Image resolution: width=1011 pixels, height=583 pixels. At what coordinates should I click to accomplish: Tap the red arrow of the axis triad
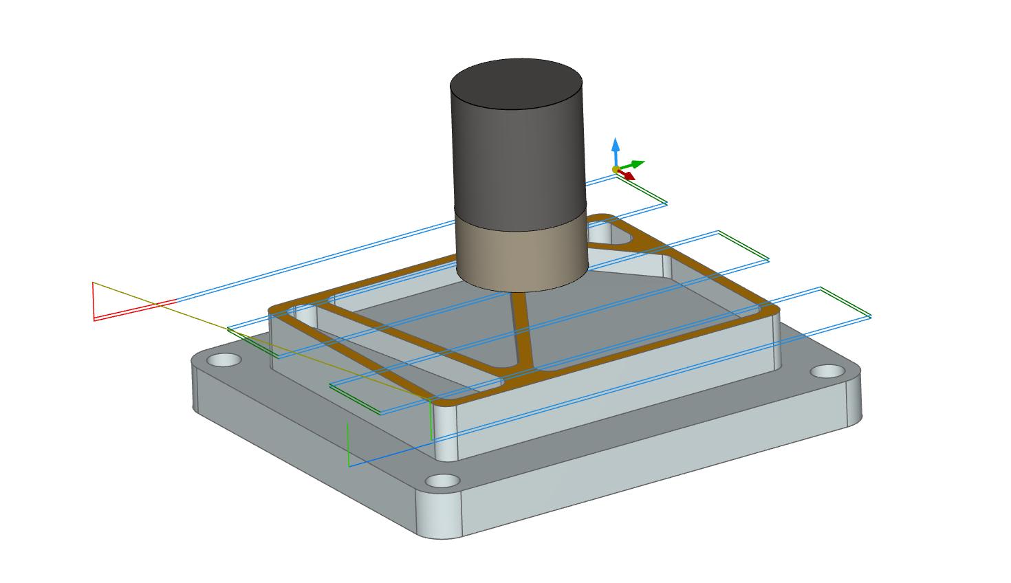click(x=627, y=175)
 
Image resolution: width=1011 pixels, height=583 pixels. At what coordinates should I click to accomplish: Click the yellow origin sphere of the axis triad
click(x=616, y=169)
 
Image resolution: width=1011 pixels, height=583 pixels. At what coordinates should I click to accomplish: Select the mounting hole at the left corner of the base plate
click(x=225, y=360)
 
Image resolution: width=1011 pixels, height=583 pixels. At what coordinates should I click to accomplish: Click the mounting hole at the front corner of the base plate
click(x=442, y=481)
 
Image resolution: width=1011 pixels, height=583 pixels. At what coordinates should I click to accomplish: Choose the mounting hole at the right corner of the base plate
click(x=827, y=372)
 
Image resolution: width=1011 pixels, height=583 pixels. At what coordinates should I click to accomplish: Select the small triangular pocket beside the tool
click(x=612, y=237)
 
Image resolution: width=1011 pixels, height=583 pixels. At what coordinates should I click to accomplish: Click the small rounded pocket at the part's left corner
click(x=306, y=316)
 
